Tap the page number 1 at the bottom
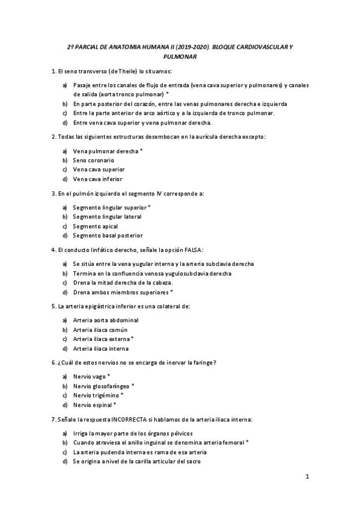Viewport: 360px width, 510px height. coord(307,478)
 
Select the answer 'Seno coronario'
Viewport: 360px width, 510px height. coord(93,160)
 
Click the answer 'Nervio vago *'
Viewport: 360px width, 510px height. coord(92,376)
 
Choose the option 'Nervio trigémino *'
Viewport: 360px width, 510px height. coord(98,395)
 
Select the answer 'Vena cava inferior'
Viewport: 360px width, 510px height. coord(97,179)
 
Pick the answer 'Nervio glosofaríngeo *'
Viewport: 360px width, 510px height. coord(103,386)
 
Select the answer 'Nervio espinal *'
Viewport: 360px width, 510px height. coord(95,405)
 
